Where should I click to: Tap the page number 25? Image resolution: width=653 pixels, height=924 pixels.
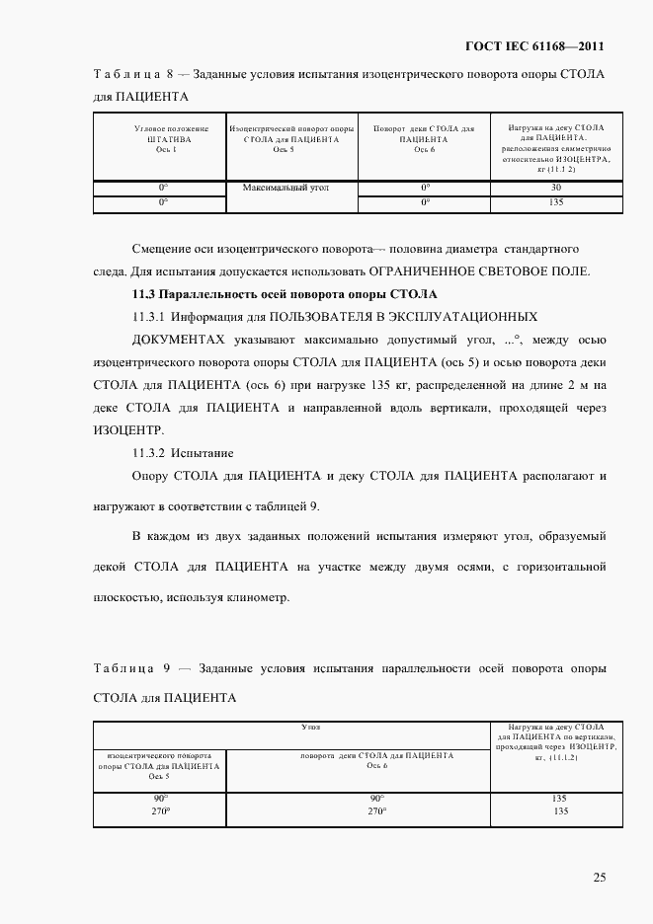pyautogui.click(x=600, y=877)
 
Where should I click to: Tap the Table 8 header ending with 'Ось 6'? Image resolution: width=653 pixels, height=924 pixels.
pyautogui.click(x=424, y=138)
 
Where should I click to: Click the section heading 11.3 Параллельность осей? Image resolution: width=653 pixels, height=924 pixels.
pyautogui.click(x=285, y=294)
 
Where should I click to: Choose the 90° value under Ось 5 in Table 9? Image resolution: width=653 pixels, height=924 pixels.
pyautogui.click(x=160, y=798)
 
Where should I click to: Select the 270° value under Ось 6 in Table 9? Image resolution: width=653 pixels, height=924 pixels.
pyautogui.click(x=375, y=810)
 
